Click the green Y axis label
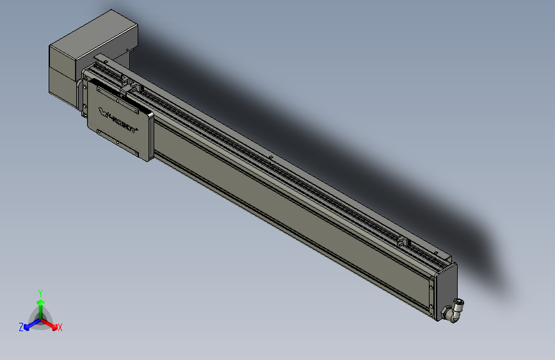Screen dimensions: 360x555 click(40, 291)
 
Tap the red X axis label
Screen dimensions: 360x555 click(60, 327)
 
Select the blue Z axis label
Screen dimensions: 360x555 click(21, 327)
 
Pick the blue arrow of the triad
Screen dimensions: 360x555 click(29, 324)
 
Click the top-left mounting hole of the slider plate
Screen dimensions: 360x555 click(99, 93)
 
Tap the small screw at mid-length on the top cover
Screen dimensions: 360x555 click(271, 156)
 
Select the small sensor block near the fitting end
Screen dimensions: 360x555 click(402, 241)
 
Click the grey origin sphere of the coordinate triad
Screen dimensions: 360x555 click(40, 318)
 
